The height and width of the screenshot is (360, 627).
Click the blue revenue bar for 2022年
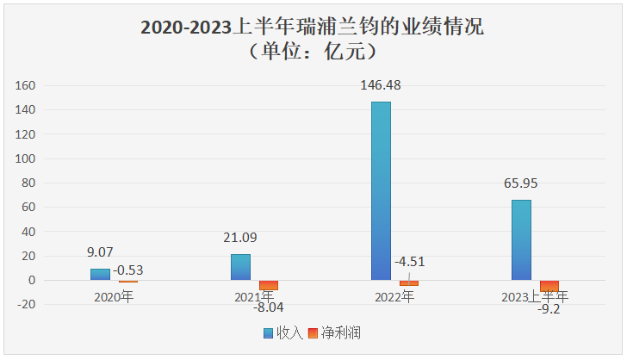[381, 190]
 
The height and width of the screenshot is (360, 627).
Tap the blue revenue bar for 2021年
[240, 267]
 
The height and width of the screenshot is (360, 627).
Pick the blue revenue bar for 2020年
[100, 275]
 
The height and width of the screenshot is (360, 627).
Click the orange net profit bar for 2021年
[269, 285]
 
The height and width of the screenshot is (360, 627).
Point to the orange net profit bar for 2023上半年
[549, 286]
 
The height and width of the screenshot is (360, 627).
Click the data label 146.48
[380, 85]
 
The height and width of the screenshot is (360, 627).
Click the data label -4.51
[409, 262]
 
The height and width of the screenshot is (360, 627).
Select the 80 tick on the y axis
[28, 183]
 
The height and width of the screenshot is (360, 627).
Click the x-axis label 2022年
[395, 297]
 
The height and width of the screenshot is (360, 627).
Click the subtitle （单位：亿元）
[313, 52]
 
